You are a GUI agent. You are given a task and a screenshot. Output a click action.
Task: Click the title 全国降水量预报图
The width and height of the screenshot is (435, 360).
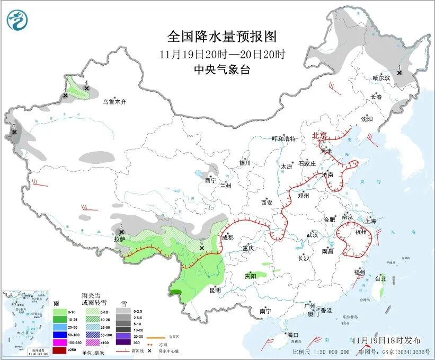(222, 37)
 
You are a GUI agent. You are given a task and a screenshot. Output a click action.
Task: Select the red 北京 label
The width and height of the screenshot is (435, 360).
(320, 136)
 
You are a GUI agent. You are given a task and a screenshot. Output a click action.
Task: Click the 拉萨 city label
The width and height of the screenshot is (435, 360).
(120, 240)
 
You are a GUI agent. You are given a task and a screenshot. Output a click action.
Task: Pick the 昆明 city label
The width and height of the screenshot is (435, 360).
(215, 289)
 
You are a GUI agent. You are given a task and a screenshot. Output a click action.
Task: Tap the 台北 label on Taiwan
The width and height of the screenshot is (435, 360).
(380, 278)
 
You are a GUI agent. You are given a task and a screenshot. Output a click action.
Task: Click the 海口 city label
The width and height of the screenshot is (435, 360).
(293, 335)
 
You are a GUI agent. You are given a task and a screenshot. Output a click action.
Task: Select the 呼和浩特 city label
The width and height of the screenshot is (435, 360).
(283, 139)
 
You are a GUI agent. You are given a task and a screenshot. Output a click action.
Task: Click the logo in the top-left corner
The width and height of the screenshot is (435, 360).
(17, 21)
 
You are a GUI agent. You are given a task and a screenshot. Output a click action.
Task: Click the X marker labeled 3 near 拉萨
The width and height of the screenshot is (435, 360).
(121, 232)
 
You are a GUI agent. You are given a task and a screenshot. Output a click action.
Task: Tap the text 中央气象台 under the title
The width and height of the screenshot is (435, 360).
(222, 69)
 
